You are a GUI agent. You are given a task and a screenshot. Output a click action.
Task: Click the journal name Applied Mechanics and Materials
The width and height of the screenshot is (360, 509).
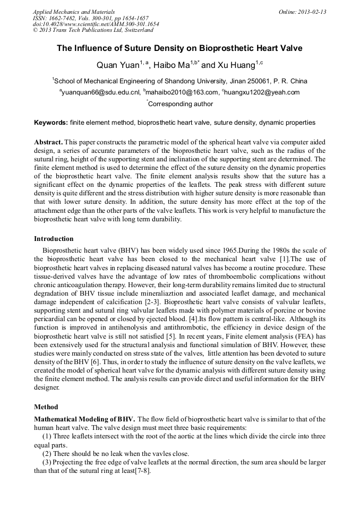click(x=73, y=12)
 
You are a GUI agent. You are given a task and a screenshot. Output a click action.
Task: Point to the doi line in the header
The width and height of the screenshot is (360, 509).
click(x=96, y=24)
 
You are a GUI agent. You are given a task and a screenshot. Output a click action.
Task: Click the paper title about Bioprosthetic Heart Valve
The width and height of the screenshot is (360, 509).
click(x=179, y=48)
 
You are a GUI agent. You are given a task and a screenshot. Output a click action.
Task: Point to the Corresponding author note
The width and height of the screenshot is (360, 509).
click(x=180, y=105)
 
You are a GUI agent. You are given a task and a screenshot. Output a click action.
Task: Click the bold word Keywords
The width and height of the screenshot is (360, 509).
click(x=50, y=123)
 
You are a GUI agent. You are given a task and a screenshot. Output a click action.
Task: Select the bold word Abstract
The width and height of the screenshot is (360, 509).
click(x=49, y=143)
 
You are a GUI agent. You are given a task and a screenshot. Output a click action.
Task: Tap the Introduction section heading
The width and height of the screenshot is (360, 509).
click(x=54, y=239)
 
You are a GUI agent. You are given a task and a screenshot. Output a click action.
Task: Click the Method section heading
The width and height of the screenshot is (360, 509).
click(x=46, y=407)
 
